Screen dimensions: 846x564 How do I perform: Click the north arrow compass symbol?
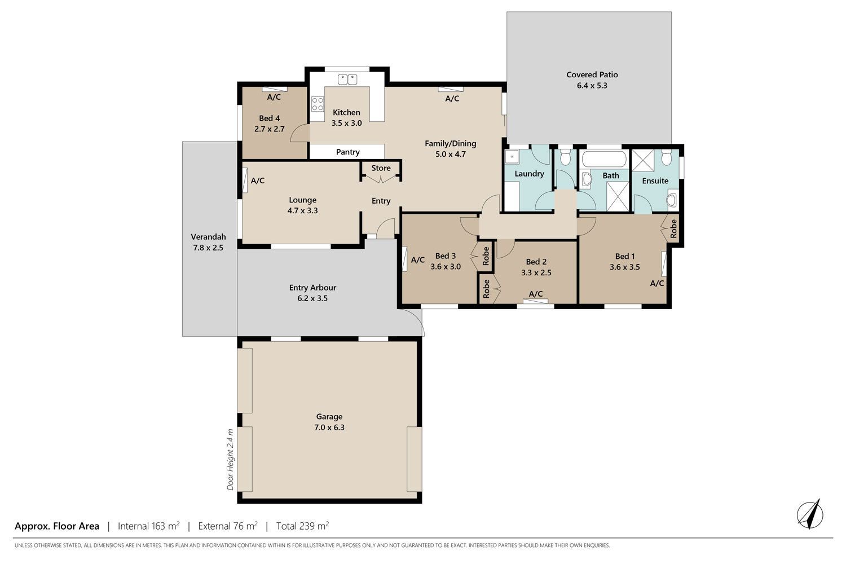[x=810, y=514]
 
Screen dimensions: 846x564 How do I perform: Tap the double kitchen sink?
[x=347, y=80]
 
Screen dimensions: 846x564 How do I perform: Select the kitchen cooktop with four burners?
[x=318, y=104]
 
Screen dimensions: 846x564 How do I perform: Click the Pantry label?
[x=348, y=152]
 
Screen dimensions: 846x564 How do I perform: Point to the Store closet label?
[x=381, y=168]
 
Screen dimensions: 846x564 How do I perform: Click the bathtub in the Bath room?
[x=604, y=159]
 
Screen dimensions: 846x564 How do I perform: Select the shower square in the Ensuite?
[x=643, y=161]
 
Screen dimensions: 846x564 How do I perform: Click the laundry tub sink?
[x=512, y=156]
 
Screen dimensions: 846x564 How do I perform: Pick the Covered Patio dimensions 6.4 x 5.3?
[x=592, y=86]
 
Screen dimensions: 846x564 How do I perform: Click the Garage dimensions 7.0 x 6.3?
[x=329, y=428]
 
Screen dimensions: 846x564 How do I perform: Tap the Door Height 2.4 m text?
[x=230, y=459]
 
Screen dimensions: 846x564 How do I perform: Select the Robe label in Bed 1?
[x=673, y=229]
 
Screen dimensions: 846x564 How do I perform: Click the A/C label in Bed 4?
[x=274, y=97]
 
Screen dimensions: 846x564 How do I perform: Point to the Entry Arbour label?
[x=312, y=288]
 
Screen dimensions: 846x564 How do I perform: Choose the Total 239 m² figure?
[x=302, y=526]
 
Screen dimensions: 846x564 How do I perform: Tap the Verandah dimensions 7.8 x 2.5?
[x=208, y=248]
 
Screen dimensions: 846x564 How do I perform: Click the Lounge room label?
[x=302, y=200]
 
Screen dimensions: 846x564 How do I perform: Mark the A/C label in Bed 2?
[x=536, y=294]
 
